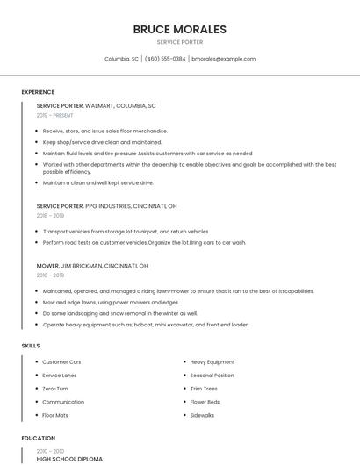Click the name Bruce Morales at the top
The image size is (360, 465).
pyautogui.click(x=179, y=29)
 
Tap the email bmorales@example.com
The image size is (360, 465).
pyautogui.click(x=223, y=59)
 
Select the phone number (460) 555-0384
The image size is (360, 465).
pyautogui.click(x=165, y=59)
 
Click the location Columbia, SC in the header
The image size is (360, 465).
pyautogui.click(x=121, y=59)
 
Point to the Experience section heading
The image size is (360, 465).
pyautogui.click(x=38, y=92)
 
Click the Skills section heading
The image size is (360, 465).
pyautogui.click(x=31, y=346)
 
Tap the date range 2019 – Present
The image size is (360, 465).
pyautogui.click(x=54, y=115)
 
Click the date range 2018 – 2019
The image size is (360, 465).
pyautogui.click(x=50, y=215)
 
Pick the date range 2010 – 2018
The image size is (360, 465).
pyautogui.click(x=50, y=275)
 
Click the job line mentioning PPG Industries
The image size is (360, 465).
pyautogui.click(x=106, y=206)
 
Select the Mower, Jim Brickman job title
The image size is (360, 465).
pyautogui.click(x=92, y=265)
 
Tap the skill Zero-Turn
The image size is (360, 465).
pyautogui.click(x=55, y=388)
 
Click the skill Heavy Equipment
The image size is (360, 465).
pyautogui.click(x=212, y=361)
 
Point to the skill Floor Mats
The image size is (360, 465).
pyautogui.click(x=55, y=414)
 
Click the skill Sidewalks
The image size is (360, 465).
pyautogui.click(x=202, y=414)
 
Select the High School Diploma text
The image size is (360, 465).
pyautogui.click(x=69, y=459)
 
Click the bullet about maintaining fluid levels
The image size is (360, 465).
pyautogui.click(x=147, y=153)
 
